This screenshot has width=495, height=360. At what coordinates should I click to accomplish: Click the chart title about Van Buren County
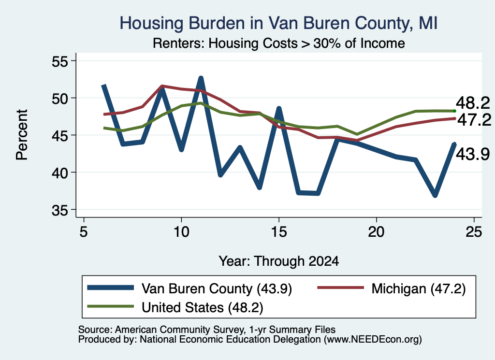(278, 23)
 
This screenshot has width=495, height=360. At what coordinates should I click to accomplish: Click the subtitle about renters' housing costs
(279, 43)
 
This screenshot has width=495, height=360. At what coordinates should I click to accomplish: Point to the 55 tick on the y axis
(60, 61)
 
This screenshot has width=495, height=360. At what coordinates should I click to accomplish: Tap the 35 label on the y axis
(60, 210)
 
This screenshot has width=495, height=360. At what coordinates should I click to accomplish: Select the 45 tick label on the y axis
(60, 136)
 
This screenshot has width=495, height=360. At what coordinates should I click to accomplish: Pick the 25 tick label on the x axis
(474, 232)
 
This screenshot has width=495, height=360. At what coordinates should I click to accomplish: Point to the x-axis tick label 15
(279, 232)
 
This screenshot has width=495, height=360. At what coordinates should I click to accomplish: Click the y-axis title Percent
(22, 135)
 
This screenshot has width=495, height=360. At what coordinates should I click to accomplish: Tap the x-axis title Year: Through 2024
(279, 261)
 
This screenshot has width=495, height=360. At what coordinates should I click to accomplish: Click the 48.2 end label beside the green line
(473, 103)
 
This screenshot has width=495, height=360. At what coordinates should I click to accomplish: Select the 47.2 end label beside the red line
(474, 120)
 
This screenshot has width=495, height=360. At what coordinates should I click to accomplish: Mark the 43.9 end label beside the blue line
(473, 154)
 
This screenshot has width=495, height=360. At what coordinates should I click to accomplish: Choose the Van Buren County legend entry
(189, 288)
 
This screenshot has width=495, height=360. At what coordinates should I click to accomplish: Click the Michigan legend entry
(392, 288)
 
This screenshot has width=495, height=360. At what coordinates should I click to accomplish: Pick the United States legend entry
(175, 307)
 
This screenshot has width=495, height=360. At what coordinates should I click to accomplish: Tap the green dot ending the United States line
(454, 111)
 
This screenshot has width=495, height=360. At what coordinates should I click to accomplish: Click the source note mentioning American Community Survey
(207, 330)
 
